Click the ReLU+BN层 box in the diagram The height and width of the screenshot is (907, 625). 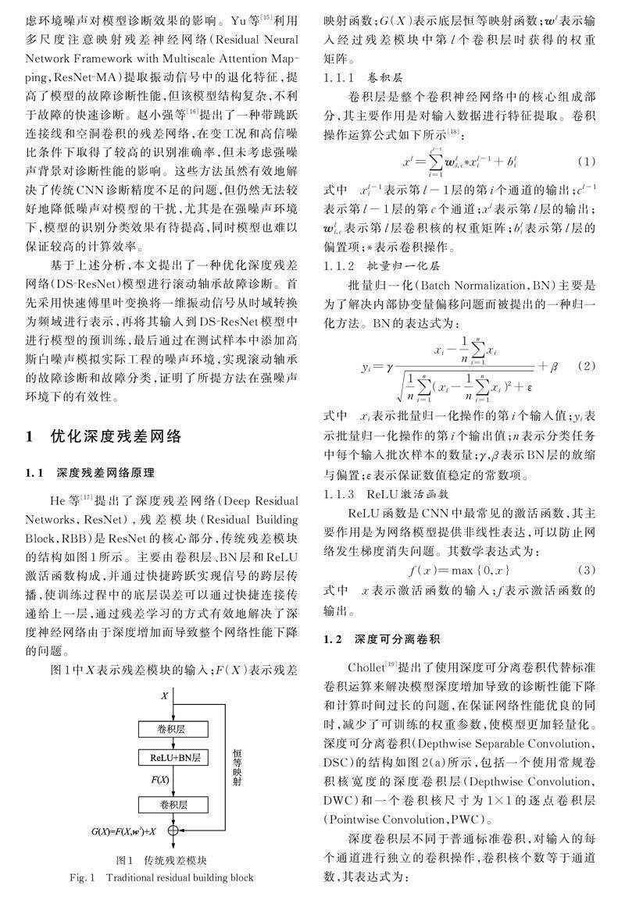[170, 757]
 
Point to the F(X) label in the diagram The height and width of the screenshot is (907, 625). [161, 780]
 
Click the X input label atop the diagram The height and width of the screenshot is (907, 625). [164, 694]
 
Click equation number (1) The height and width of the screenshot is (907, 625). [587, 162]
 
